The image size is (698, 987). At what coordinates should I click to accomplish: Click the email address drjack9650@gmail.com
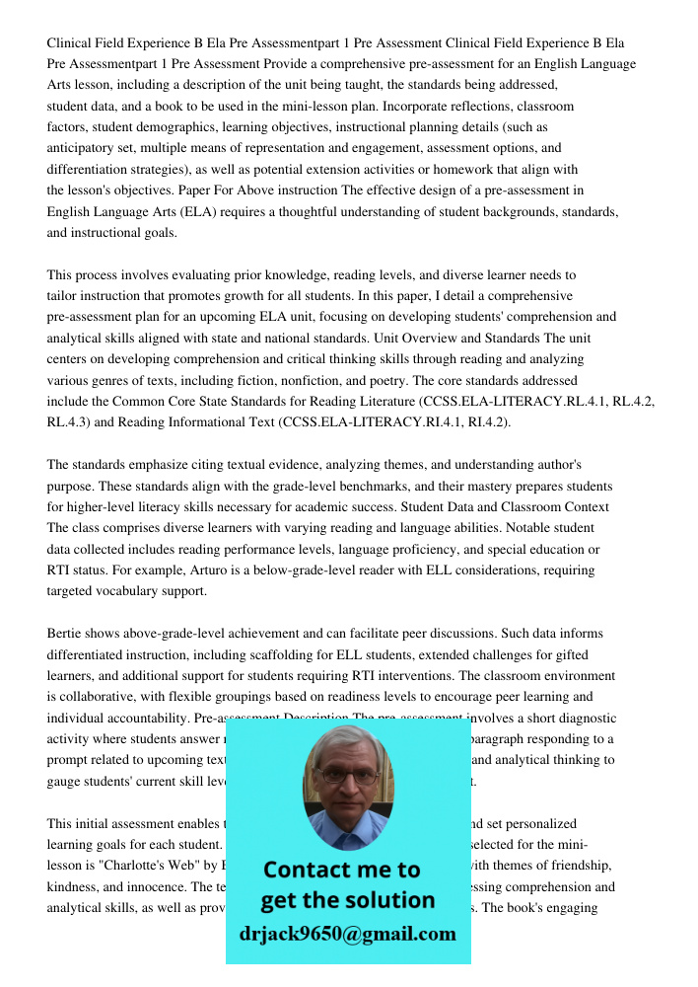(x=347, y=933)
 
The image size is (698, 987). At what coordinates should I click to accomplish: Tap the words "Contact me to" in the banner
(x=342, y=870)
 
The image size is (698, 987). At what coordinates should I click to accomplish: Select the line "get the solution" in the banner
(x=347, y=900)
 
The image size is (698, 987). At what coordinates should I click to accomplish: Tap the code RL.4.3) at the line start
(x=68, y=421)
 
